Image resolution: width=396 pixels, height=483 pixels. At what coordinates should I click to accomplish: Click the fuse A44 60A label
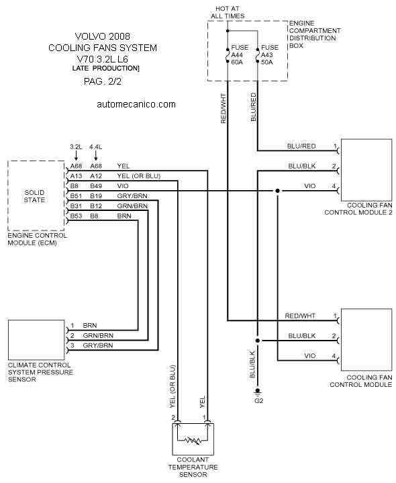[x=240, y=55]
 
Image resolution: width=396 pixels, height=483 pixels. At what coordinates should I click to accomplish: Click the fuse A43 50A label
[x=270, y=55]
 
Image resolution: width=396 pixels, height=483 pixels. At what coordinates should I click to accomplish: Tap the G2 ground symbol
[x=258, y=392]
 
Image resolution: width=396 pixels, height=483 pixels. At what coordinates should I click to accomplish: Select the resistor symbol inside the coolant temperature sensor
[x=193, y=441]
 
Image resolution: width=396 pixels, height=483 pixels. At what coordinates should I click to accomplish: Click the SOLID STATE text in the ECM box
[x=34, y=196]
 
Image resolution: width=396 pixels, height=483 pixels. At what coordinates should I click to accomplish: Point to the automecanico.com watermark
[x=136, y=104]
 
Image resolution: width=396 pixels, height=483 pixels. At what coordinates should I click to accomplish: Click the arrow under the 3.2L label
[x=76, y=156]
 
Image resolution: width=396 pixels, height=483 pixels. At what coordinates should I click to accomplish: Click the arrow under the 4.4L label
[x=96, y=156]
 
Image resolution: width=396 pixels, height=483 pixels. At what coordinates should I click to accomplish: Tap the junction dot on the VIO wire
[x=278, y=191]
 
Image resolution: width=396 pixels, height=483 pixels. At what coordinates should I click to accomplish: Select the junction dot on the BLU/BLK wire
[x=258, y=341]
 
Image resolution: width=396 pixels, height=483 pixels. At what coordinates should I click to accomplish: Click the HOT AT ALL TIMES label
[x=228, y=12]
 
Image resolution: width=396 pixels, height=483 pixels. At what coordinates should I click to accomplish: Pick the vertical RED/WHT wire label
[x=224, y=108]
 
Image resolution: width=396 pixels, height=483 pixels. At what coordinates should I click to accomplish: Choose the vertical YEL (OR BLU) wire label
[x=172, y=386]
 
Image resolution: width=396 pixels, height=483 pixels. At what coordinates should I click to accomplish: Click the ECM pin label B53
[x=76, y=216]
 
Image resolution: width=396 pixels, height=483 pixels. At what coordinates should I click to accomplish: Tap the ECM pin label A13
[x=76, y=176]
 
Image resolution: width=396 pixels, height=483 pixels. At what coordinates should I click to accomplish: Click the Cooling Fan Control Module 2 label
[x=358, y=209]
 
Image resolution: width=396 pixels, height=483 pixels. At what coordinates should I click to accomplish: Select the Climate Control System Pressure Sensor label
[x=40, y=372]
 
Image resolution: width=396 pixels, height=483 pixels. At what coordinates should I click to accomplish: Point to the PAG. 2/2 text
[x=103, y=82]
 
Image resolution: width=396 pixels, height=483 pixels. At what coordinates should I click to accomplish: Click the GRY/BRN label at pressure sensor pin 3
[x=98, y=345]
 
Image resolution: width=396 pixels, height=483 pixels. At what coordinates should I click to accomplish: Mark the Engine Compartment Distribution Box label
[x=315, y=34]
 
